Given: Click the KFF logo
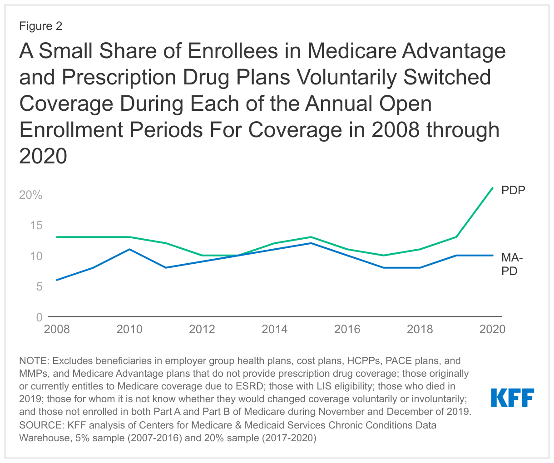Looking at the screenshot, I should coord(512,398).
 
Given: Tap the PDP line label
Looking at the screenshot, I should coord(513,190).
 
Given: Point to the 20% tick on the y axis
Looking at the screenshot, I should coord(31,195).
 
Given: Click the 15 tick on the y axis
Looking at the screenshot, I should coord(36,226).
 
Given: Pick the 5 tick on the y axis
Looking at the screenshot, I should coord(40,287).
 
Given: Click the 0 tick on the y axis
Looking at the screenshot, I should coord(40,317).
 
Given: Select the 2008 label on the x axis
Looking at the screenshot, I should coord(57,329).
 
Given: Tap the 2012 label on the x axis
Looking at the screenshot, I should coord(202,329).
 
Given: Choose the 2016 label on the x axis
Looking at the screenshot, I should coord(347,329).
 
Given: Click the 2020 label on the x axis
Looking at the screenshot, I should coord(492,329).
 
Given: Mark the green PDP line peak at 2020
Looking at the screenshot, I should coord(493,188).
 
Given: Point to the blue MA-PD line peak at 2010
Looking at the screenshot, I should coord(129,249).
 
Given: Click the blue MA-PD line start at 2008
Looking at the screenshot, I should coord(57,280).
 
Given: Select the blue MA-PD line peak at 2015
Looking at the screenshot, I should coord(311,243).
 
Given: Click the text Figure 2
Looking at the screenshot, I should coord(40,26).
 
